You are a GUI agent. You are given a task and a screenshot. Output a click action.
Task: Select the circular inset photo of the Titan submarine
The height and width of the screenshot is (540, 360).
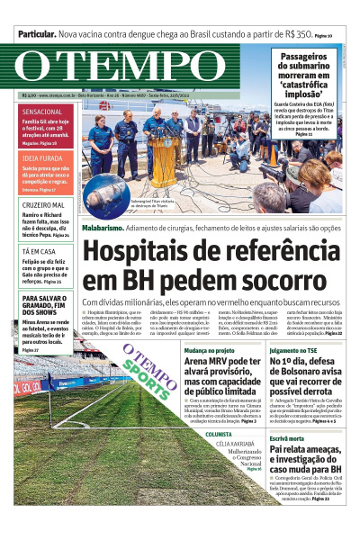click(106, 191)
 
